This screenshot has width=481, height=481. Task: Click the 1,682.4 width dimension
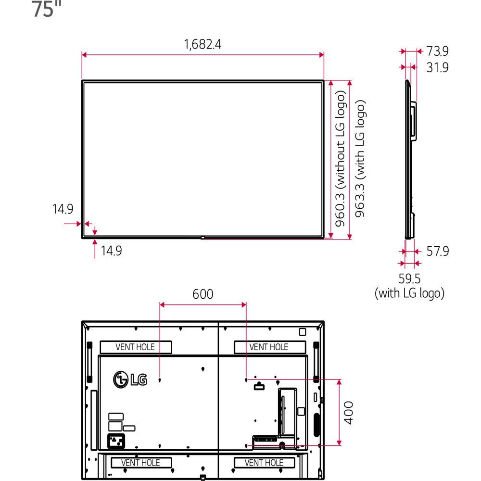point(203,44)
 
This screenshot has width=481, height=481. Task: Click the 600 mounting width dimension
point(203,294)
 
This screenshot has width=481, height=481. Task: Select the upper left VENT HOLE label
point(135,347)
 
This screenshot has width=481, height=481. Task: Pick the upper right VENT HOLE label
point(269,347)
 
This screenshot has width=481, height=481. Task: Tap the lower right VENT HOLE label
point(264,463)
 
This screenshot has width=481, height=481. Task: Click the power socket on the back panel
point(115,440)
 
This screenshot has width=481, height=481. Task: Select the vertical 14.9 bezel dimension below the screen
point(111,251)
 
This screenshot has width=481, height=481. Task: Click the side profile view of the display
point(410,159)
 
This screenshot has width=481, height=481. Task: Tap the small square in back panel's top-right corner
point(302,331)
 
